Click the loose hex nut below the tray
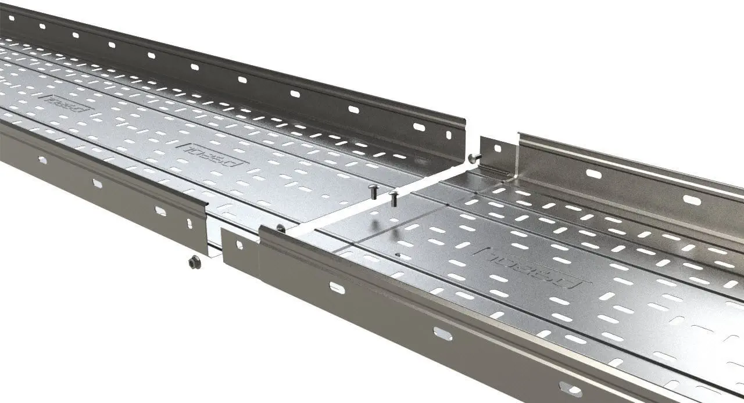pos(195,262)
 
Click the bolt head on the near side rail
pos(280,229)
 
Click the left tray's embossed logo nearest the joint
pos(212,153)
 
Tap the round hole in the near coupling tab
pos(239,248)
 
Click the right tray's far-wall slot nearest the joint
pos(593,174)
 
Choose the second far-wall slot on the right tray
pos(692,200)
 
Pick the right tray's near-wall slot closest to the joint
pos(337,287)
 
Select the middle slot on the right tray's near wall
pos(443,333)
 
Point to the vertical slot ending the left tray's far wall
pos(448,135)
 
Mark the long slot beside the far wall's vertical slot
pos(419,127)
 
